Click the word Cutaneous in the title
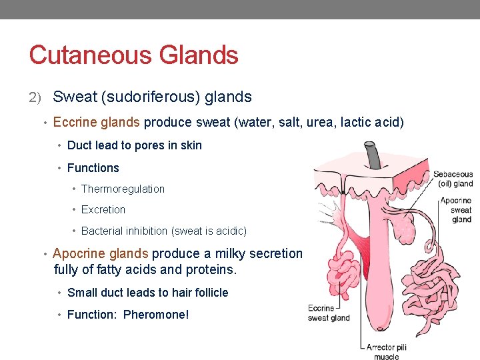click(x=82, y=55)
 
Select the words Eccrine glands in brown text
click(x=96, y=123)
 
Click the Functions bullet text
click(x=93, y=168)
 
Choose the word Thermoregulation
click(x=123, y=189)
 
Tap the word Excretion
click(x=103, y=209)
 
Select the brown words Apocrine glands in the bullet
click(x=101, y=253)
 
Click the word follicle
click(x=209, y=293)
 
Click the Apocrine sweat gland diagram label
click(x=457, y=209)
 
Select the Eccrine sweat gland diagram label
click(x=328, y=313)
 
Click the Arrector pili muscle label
click(x=386, y=351)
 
